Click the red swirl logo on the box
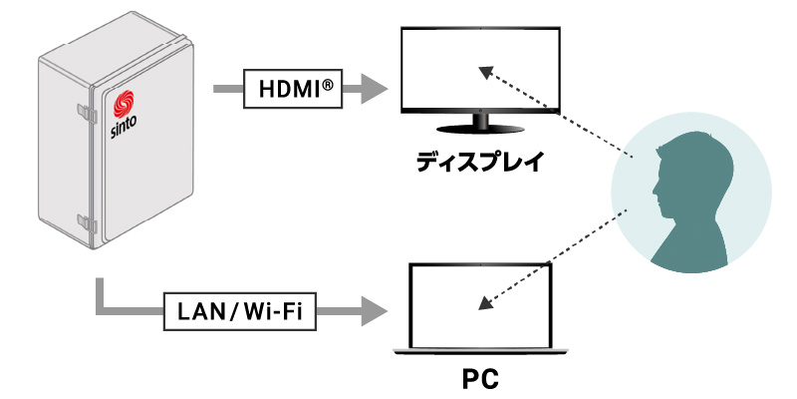click(125, 104)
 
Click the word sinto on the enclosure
click(123, 128)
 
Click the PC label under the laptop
click(480, 379)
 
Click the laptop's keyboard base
click(481, 350)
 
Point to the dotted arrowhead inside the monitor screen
click(484, 72)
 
